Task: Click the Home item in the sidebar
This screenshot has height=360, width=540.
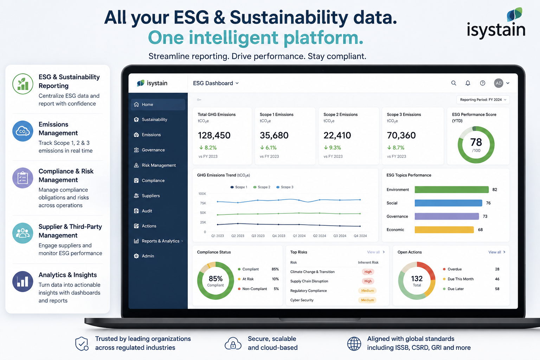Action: point(158,104)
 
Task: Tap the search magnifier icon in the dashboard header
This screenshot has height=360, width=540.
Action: point(454,83)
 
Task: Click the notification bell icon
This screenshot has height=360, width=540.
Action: point(468,83)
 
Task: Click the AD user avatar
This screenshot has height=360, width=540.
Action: point(499,83)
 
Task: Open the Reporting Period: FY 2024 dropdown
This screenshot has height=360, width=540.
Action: point(483,99)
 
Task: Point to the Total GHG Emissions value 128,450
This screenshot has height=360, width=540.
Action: point(214,135)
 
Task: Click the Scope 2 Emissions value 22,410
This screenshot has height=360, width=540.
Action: point(337,135)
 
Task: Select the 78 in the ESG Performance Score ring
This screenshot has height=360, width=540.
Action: point(476,142)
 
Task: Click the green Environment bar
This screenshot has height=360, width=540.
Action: point(451,189)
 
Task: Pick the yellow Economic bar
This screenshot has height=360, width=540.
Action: point(444,230)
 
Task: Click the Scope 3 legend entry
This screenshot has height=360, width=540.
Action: point(285,187)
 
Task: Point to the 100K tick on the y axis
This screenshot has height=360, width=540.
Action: point(202,194)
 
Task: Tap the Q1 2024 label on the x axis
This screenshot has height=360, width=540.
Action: point(299,236)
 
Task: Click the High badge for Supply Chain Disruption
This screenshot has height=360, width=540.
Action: point(368,281)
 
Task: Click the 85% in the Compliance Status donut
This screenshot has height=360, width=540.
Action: point(216,278)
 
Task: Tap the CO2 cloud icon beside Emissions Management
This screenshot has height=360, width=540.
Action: point(22,131)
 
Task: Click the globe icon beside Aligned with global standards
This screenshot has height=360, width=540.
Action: point(354,343)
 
